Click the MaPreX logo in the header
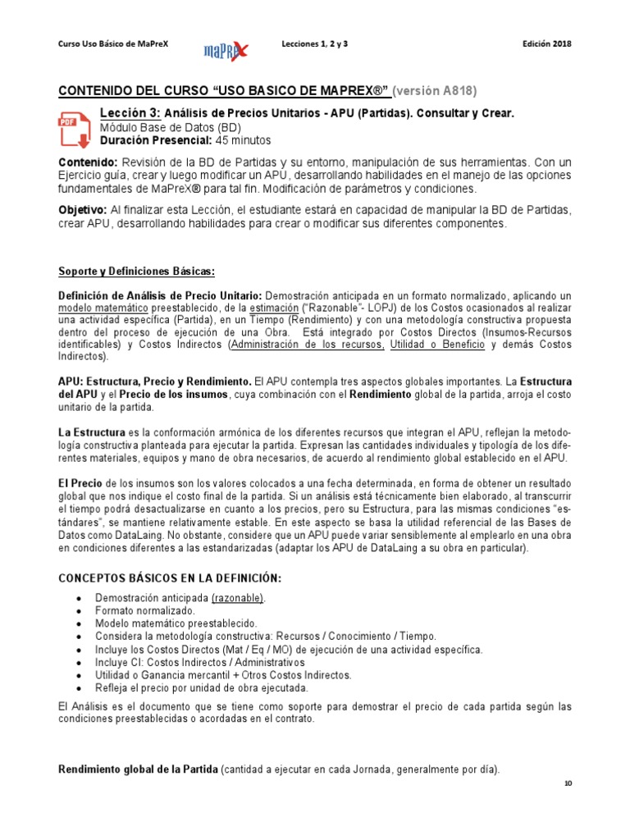click(226, 50)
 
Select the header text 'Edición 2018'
click(546, 43)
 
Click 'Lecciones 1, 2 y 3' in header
click(314, 43)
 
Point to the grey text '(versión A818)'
click(435, 90)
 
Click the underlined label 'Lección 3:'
click(130, 112)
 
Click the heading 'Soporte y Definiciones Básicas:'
click(135, 271)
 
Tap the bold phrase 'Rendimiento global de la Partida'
click(137, 769)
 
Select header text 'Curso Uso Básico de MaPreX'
click(112, 43)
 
